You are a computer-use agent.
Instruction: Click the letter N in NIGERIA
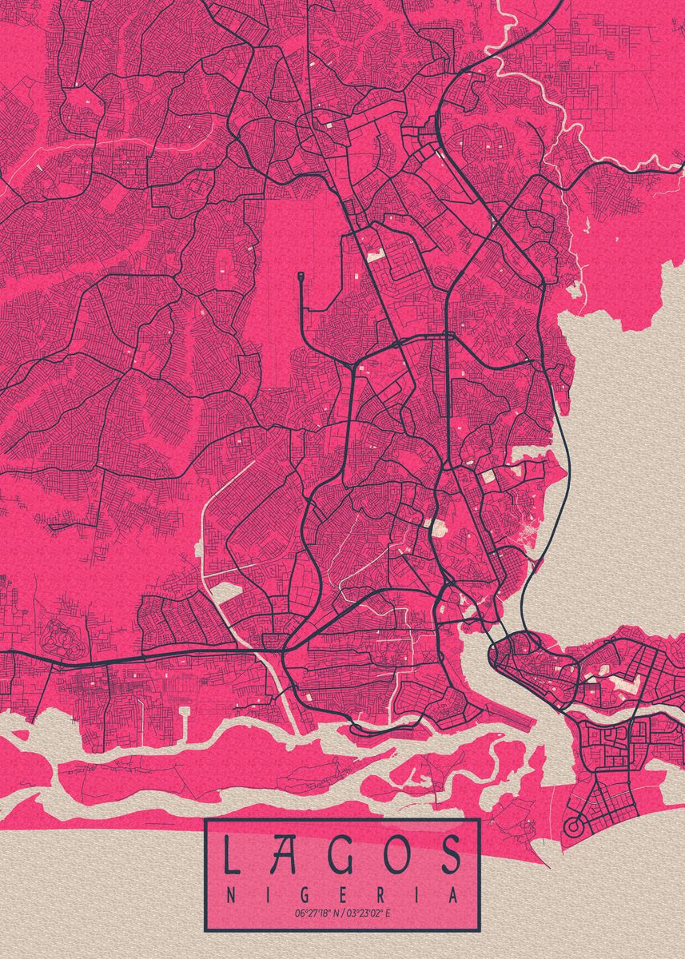pyautogui.click(x=230, y=895)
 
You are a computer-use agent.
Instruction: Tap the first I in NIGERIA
pyautogui.click(x=266, y=895)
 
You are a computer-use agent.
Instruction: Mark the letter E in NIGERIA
pyautogui.click(x=341, y=895)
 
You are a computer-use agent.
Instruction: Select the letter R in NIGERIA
pyautogui.click(x=380, y=895)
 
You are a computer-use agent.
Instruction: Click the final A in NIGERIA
pyautogui.click(x=453, y=895)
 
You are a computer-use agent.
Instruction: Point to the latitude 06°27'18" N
pyautogui.click(x=317, y=913)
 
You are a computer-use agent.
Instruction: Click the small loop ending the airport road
pyautogui.click(x=301, y=277)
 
